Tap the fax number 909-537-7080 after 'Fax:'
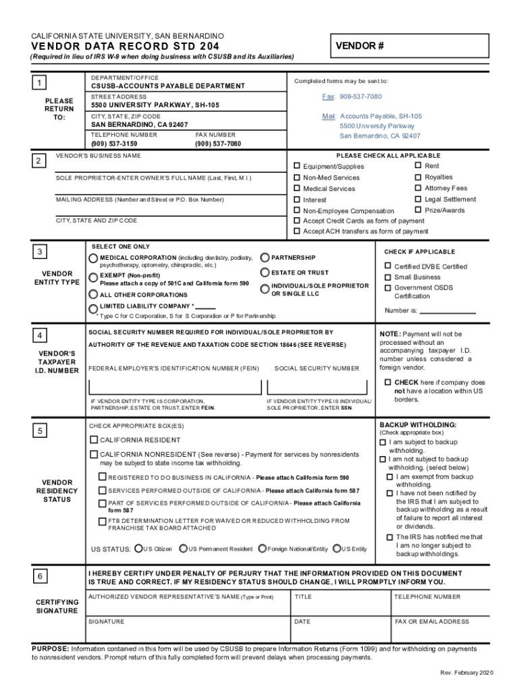[x=361, y=97]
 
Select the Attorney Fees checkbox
[x=418, y=188]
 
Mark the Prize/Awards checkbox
[x=418, y=210]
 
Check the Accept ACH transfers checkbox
[x=296, y=231]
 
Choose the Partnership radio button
[x=265, y=258]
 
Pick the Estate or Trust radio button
[x=265, y=273]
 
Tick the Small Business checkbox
[x=388, y=277]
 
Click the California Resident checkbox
[x=95, y=440]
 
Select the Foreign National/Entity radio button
[x=262, y=549]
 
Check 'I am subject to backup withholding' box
[x=382, y=443]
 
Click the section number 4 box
[x=42, y=336]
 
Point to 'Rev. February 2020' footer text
[x=467, y=673]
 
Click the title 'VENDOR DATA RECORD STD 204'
[x=125, y=46]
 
